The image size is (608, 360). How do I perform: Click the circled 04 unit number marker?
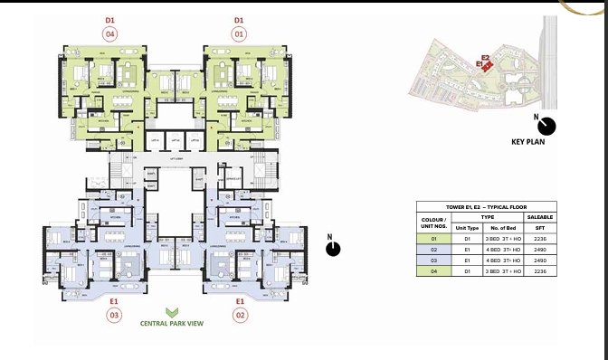pos(109,34)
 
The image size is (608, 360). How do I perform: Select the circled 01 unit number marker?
pos(239,34)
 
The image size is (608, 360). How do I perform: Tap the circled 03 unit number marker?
pos(114,315)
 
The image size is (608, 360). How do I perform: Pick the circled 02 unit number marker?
pos(241,315)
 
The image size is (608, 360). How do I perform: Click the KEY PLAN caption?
pos(531,142)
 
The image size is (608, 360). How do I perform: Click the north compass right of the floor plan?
pos(333,247)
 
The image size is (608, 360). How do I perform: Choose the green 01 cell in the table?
pos(434,239)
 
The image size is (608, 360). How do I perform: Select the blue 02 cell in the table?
pos(434,249)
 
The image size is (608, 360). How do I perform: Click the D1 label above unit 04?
pos(109,19)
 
